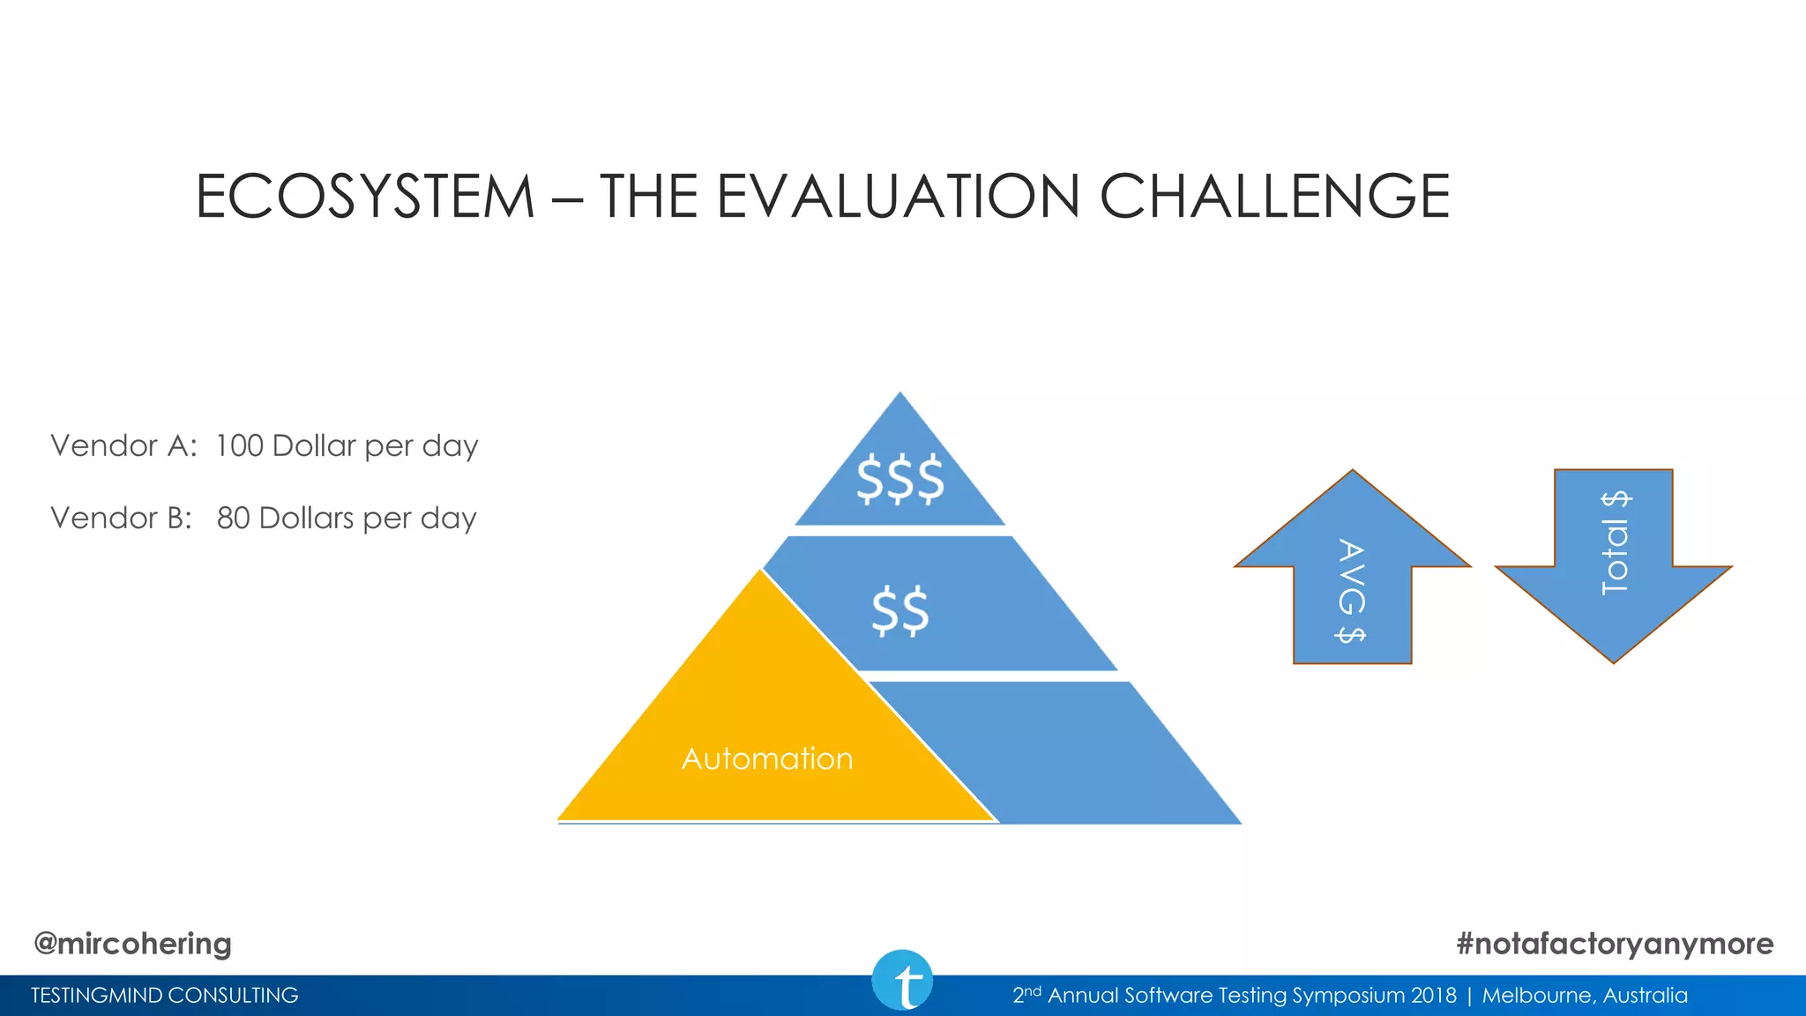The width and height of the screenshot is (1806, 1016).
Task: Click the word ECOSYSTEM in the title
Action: [365, 196]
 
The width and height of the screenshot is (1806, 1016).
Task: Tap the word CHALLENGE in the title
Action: [1274, 196]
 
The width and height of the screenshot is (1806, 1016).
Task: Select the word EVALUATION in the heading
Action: [898, 196]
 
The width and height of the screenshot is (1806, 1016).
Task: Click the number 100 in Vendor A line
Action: [239, 445]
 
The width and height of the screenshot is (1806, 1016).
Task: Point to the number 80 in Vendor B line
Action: [234, 518]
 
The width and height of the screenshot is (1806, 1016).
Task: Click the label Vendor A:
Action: [123, 445]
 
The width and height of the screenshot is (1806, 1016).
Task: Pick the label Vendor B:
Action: [121, 518]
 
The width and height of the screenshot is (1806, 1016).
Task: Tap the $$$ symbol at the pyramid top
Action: [900, 479]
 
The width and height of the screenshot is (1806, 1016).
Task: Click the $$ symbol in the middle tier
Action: [900, 610]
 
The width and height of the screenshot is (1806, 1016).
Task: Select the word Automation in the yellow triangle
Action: [767, 758]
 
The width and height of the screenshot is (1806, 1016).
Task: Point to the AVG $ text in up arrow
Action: [1351, 591]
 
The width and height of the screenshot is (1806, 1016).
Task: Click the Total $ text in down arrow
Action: [1615, 543]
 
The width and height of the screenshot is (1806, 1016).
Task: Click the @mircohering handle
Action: [132, 944]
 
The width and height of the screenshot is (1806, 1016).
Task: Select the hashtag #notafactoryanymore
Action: [1615, 944]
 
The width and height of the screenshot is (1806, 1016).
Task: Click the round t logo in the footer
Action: [902, 980]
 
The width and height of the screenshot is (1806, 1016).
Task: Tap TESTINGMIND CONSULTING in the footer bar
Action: [165, 996]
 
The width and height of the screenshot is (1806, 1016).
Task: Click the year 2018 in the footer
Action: [1434, 996]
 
